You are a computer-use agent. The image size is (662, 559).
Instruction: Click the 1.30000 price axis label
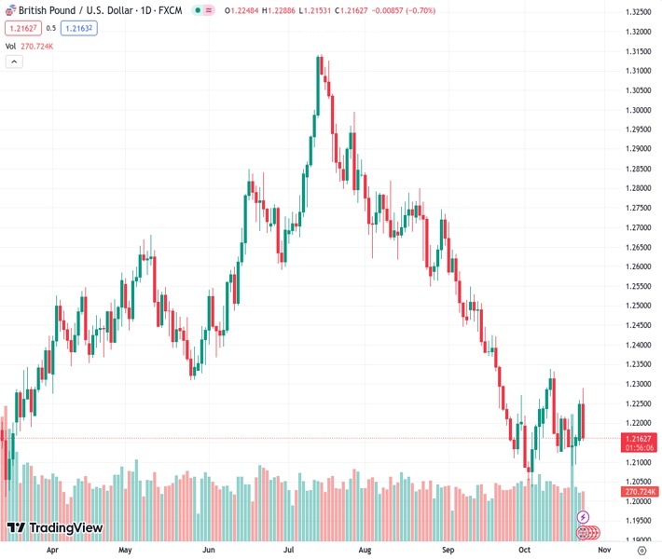coord(637,110)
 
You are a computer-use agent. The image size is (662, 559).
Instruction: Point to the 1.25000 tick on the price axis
coord(637,306)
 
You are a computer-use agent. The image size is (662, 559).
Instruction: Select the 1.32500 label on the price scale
coord(637,12)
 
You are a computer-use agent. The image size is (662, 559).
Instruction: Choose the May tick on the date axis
coord(125,551)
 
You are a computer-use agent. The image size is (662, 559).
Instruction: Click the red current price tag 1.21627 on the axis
coord(638,438)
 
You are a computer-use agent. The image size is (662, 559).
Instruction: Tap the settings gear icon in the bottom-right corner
coord(641,551)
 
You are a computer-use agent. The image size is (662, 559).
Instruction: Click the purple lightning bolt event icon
coord(584,517)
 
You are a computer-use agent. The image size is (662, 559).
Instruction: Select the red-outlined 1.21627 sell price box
coord(22,28)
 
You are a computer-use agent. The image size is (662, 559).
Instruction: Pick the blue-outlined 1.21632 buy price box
coord(79,28)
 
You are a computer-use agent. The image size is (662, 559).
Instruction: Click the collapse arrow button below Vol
coord(14,61)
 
